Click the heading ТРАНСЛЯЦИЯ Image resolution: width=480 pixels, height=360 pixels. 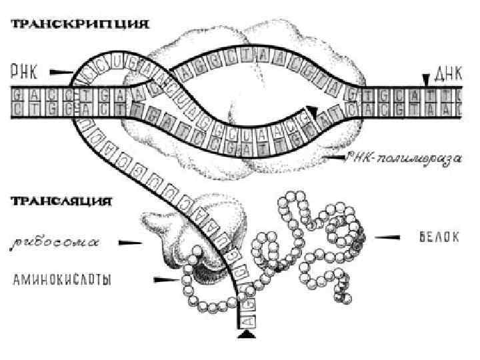pos(59,200)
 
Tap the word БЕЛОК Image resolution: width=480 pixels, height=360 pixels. pos(434,237)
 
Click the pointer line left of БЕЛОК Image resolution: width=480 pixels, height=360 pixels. pos(387,237)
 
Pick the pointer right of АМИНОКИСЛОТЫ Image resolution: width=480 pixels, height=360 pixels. pos(164,279)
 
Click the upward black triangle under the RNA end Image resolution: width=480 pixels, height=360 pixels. pos(247,338)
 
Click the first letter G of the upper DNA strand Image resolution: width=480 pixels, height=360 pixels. pos(15,95)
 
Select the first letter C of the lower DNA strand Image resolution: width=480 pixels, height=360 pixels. pos(15,109)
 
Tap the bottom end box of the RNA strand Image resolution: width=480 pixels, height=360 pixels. pos(247,323)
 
